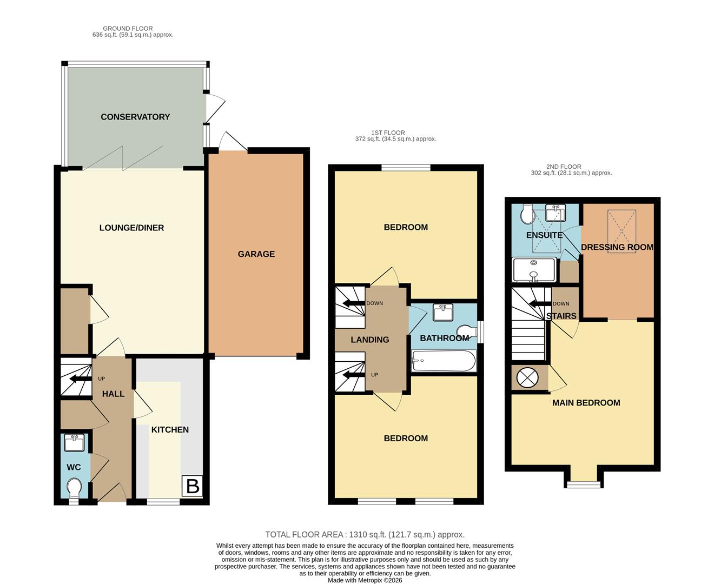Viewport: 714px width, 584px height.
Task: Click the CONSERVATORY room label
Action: click(135, 117)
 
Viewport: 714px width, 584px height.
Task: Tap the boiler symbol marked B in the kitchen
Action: click(193, 487)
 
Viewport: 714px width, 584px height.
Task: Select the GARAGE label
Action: click(256, 254)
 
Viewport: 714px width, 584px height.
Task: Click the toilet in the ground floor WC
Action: click(75, 490)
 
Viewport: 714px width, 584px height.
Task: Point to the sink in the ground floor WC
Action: click(74, 443)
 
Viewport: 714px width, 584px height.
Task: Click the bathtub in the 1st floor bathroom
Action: click(444, 361)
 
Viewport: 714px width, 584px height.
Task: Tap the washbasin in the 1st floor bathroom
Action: click(443, 313)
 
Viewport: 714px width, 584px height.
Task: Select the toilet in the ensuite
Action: click(526, 216)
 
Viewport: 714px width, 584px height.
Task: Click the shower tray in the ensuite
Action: click(534, 270)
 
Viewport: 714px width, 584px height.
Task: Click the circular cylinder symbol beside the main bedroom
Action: click(527, 377)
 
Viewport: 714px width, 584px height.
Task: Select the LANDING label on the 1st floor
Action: click(370, 340)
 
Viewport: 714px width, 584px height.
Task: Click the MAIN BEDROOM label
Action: click(586, 403)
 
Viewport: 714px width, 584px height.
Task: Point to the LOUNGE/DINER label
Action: click(131, 228)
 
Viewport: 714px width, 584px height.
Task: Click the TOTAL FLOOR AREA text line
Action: click(365, 534)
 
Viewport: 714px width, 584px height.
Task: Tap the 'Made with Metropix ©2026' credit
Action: click(365, 580)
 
